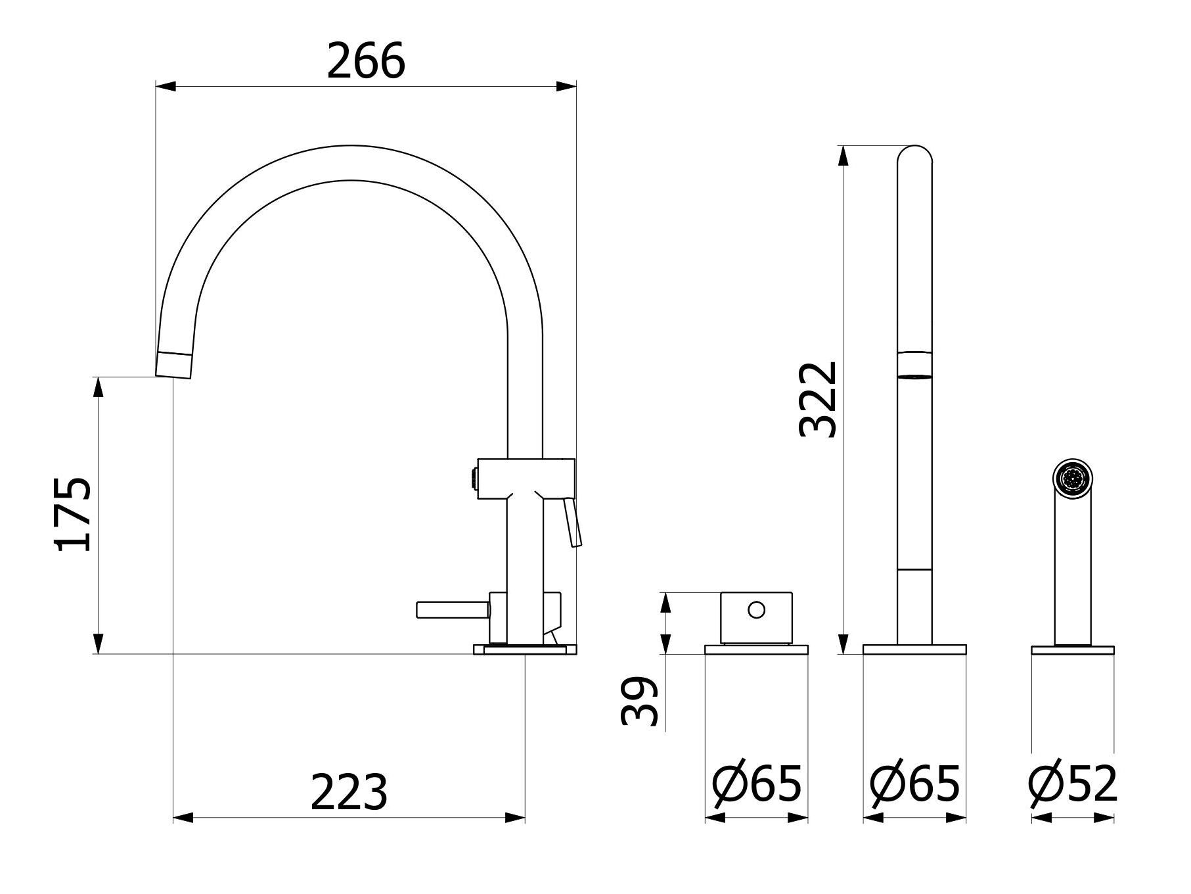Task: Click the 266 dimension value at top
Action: tap(366, 61)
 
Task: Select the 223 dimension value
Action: tap(349, 792)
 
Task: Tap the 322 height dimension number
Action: tap(819, 400)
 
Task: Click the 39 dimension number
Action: tap(639, 701)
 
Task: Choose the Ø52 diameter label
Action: tap(1073, 784)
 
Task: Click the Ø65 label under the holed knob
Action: tap(757, 784)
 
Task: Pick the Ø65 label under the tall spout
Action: tap(914, 784)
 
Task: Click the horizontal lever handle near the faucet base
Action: tap(453, 610)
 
